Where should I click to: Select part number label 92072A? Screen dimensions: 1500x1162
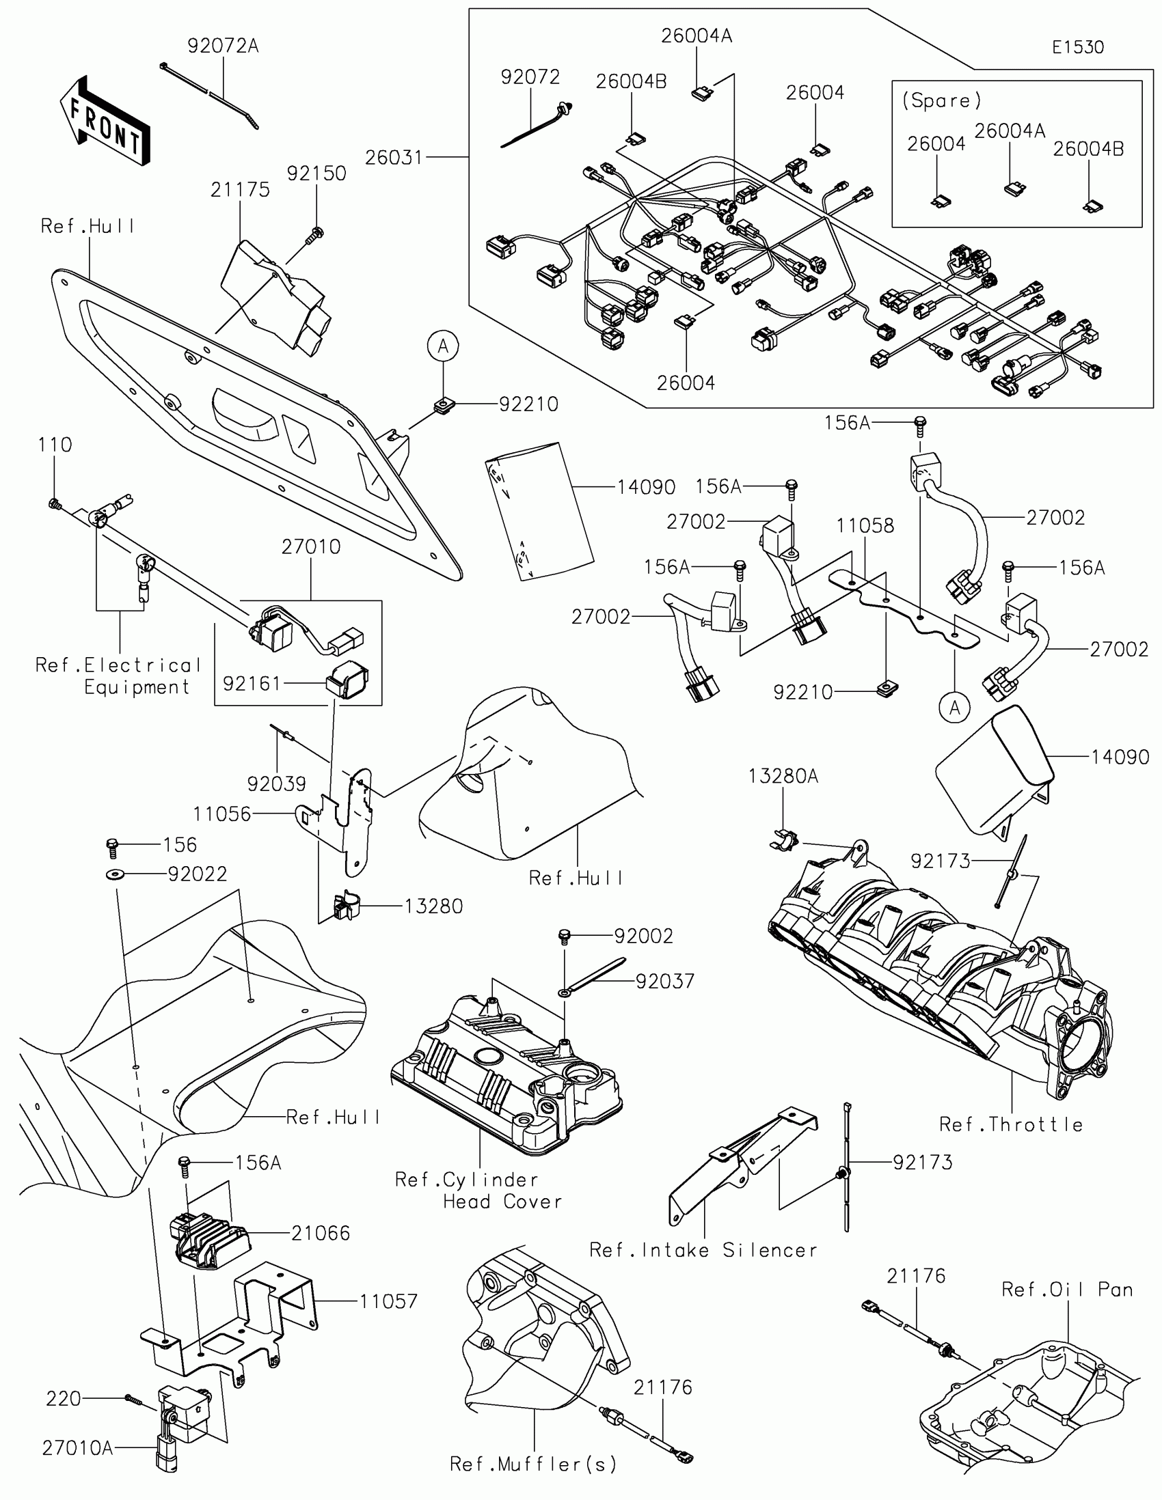223,46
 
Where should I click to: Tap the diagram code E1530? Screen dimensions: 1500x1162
1077,47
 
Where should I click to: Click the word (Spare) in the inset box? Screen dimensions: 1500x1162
941,100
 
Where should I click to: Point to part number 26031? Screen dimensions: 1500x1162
393,157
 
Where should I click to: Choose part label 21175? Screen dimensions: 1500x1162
240,190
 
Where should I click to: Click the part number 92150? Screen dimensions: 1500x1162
316,173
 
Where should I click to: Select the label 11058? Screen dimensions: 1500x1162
865,525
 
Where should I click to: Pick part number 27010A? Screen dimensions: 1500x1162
77,1447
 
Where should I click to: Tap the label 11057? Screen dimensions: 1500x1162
388,1301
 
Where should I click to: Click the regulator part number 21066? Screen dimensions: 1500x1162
320,1233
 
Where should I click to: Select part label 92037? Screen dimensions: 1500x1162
664,981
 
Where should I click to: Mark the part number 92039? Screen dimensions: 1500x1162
276,783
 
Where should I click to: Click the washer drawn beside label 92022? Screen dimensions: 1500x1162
112,874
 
